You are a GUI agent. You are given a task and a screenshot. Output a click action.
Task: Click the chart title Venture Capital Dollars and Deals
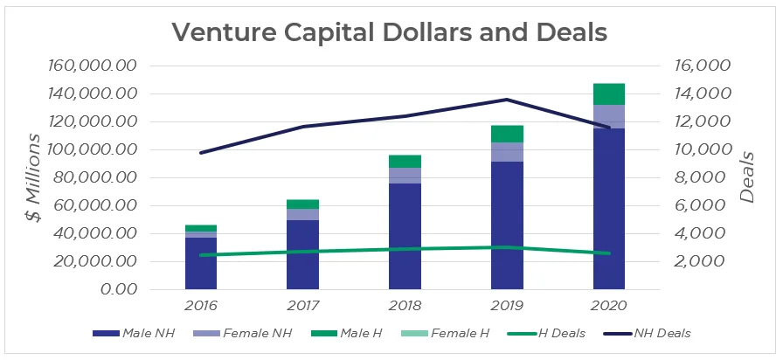tap(390, 31)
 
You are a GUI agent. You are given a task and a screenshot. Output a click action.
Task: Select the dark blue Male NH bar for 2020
tap(608, 210)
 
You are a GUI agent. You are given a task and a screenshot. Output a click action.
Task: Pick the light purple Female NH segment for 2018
tap(405, 175)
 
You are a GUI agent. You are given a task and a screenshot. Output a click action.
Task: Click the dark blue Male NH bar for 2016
tap(200, 262)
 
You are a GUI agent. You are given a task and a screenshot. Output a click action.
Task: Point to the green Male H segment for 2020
tap(608, 93)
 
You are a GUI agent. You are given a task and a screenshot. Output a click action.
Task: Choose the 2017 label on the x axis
tap(302, 306)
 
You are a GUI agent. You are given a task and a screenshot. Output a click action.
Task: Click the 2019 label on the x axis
tap(506, 306)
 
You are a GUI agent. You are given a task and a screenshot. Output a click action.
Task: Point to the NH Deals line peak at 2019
tap(507, 100)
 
